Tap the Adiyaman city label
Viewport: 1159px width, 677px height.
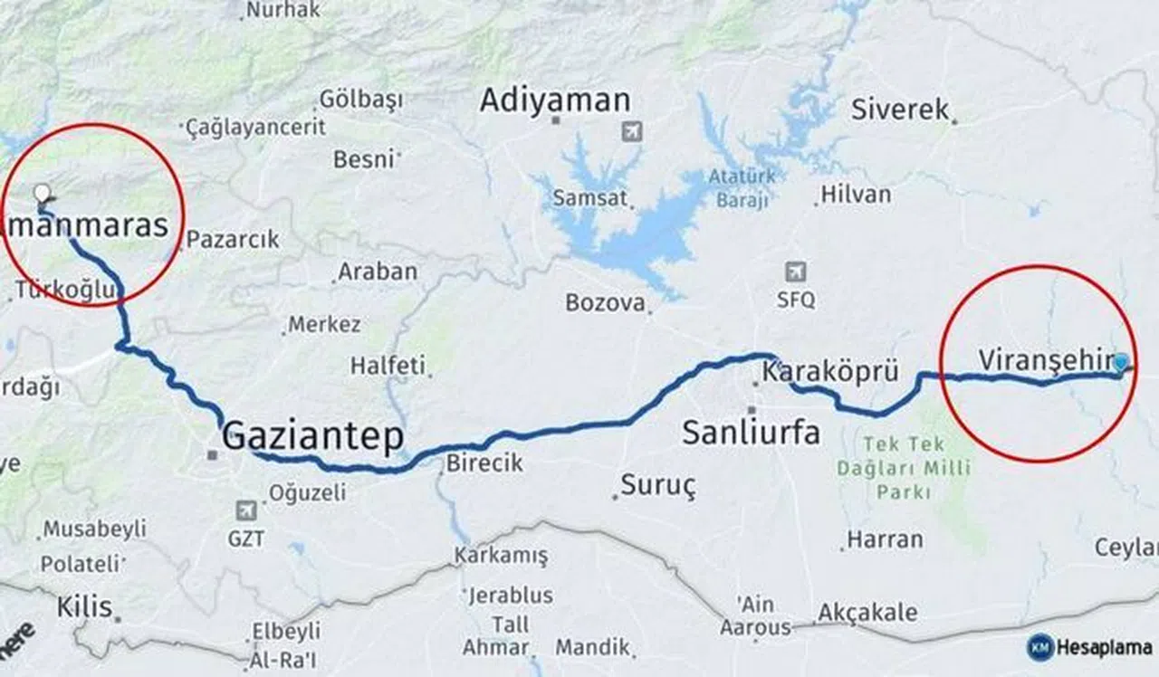(554, 100)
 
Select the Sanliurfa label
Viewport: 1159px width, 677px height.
(751, 433)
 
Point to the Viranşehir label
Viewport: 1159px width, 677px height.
(1044, 360)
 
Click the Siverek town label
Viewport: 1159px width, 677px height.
(900, 110)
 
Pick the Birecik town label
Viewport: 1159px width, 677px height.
(484, 462)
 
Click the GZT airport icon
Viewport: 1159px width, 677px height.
(245, 510)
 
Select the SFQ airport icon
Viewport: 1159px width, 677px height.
(796, 272)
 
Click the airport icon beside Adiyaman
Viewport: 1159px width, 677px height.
(632, 131)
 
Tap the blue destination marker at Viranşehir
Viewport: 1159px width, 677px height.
(1121, 363)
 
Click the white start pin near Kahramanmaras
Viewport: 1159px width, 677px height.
(42, 193)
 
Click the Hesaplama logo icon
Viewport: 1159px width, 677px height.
(1040, 647)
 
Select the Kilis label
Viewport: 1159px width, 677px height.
(84, 606)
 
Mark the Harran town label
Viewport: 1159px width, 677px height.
(885, 539)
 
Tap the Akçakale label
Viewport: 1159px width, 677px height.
(867, 613)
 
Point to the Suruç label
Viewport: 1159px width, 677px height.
(658, 486)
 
